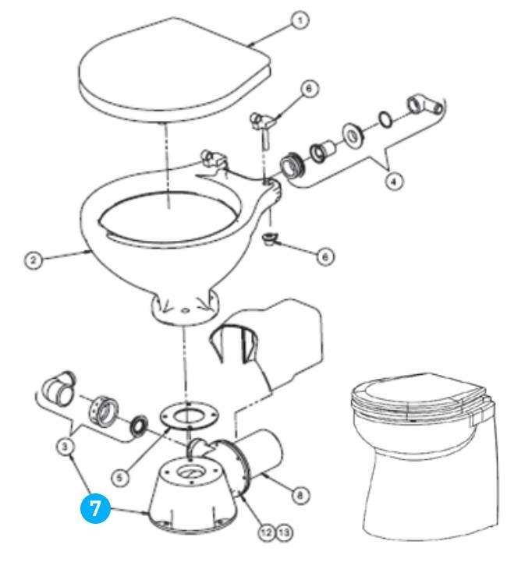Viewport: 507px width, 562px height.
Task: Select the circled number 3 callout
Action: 67,447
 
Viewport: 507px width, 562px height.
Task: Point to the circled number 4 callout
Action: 396,182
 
